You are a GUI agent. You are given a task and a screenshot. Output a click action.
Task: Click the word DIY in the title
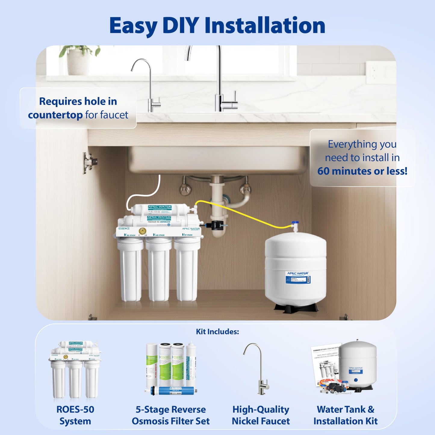180,25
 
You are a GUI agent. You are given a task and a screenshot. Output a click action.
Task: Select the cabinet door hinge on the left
89,163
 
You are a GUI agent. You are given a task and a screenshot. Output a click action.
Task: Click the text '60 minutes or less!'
362,171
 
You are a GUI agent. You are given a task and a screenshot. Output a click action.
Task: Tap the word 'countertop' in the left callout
55,115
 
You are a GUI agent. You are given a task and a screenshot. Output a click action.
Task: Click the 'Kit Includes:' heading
217,332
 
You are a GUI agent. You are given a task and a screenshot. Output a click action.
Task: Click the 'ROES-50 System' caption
75,415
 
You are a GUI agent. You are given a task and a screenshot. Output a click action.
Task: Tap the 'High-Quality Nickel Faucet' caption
261,415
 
